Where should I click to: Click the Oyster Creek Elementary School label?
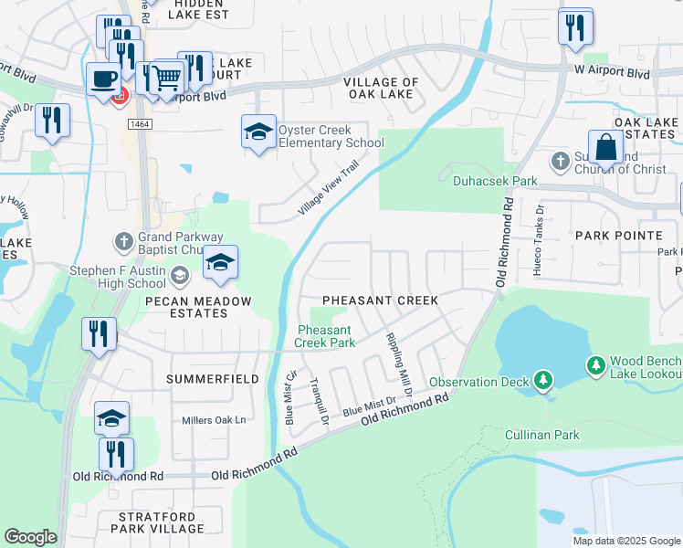[331, 136]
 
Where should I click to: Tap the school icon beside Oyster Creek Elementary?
[258, 132]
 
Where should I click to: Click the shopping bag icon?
[604, 147]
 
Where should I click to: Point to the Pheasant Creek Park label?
[324, 336]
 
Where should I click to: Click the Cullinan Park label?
[542, 435]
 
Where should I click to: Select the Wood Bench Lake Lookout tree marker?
[596, 365]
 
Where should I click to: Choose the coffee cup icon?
[102, 78]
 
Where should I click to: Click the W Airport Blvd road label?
[611, 71]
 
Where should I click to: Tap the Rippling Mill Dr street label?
[396, 355]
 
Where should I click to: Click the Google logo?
[31, 537]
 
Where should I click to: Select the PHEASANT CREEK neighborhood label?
[381, 300]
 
